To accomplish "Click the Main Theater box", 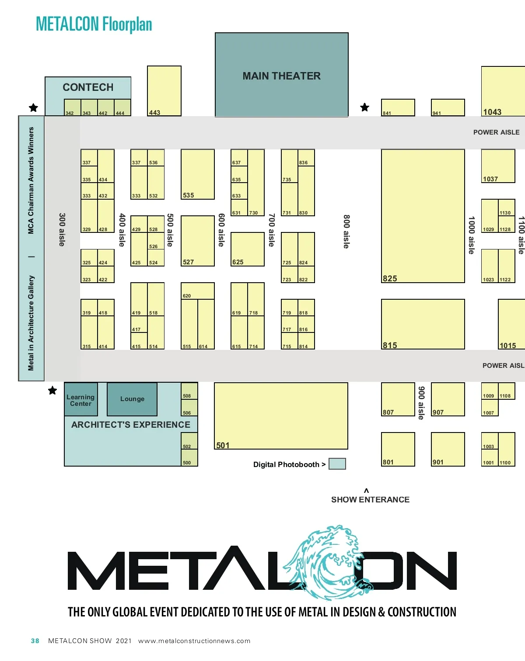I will [x=282, y=75].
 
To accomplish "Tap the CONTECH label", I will [x=88, y=87].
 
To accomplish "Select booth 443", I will [x=164, y=91].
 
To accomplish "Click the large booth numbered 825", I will [x=423, y=216].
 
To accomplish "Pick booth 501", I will [x=281, y=415].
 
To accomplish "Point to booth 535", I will [x=198, y=174].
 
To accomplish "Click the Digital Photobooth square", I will [x=337, y=464].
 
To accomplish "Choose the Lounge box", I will [x=132, y=399].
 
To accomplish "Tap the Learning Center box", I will [x=80, y=400].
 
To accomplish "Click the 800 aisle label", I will [x=346, y=232].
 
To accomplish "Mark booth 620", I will [x=198, y=291].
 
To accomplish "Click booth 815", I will [x=423, y=324].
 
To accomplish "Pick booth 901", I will [x=448, y=449].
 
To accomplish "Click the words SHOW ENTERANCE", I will [x=370, y=499].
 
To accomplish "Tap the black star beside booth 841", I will [x=365, y=107].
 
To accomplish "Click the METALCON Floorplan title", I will [x=94, y=24].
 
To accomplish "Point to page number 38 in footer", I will [x=35, y=641].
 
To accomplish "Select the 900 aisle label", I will [x=421, y=403].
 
